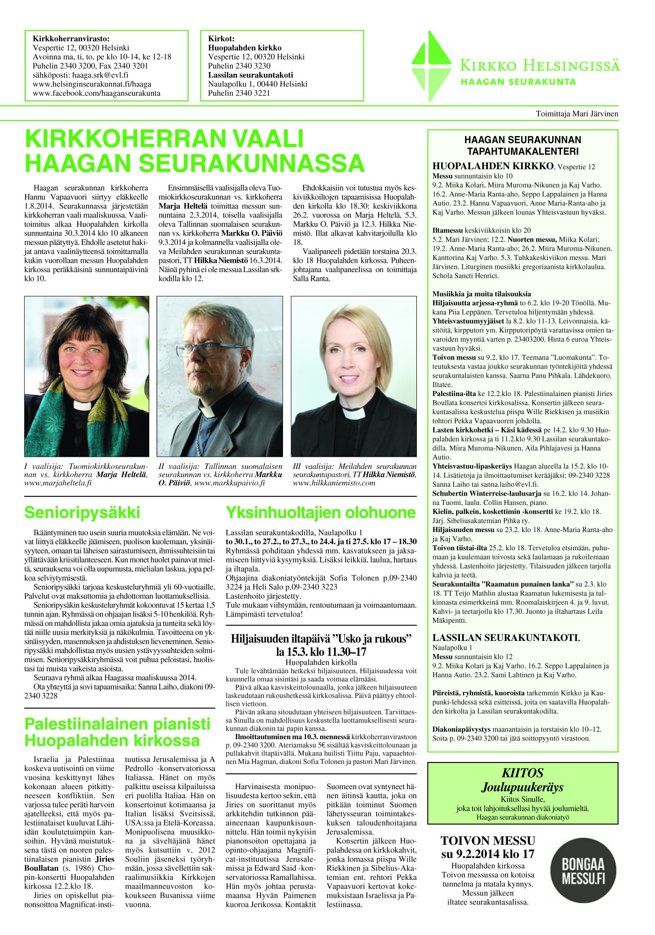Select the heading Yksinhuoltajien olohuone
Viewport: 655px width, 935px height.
tap(320, 513)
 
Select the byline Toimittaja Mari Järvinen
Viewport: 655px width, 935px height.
tap(576, 114)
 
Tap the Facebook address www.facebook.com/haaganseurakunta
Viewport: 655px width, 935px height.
tap(96, 93)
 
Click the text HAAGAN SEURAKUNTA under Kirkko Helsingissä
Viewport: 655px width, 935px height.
tap(518, 82)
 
